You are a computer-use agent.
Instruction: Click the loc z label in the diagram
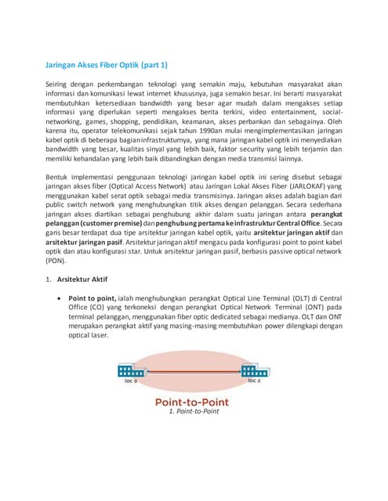pyautogui.click(x=254, y=381)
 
